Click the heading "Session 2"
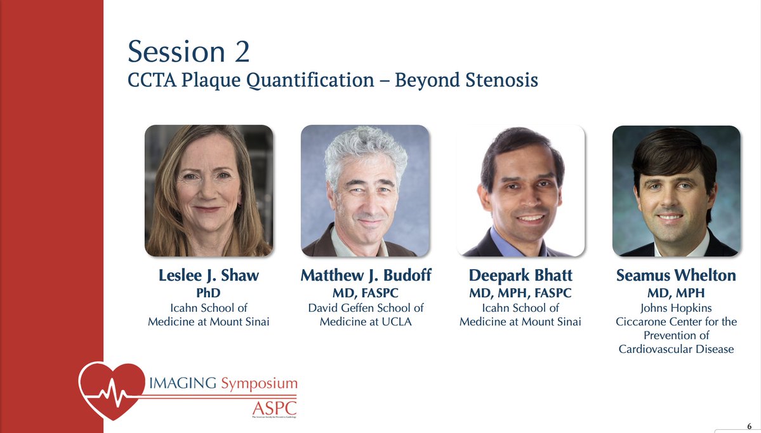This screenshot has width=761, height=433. tap(189, 52)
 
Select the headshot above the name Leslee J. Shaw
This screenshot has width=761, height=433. tap(209, 190)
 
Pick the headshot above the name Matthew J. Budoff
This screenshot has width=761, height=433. tap(364, 190)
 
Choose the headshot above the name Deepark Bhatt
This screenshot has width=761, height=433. tap(520, 190)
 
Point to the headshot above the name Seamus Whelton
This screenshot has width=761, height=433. tap(676, 190)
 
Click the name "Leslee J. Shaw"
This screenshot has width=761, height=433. tap(209, 276)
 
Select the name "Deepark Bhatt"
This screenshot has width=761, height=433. tap(520, 276)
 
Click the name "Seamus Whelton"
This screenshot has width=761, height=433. tap(676, 276)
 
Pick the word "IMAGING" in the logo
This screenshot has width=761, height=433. tap(190, 383)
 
